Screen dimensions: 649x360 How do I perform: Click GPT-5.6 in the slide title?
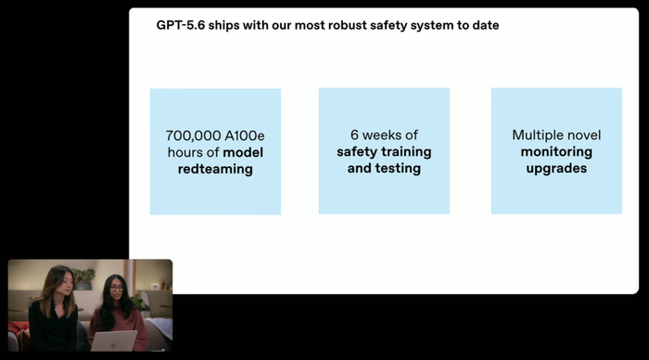pos(181,25)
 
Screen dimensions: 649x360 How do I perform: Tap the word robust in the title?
pos(348,25)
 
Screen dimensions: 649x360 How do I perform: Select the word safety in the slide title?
pos(388,26)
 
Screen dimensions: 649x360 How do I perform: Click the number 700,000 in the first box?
pos(187,135)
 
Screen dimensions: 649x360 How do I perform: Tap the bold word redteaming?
pos(215,169)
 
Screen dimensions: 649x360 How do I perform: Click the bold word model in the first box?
pos(243,152)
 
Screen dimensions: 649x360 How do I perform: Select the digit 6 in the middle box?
pos(354,135)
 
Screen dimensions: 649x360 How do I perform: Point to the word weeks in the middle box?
pos(382,135)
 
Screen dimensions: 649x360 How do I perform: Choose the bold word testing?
pos(398,168)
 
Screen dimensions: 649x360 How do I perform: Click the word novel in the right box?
pos(584,135)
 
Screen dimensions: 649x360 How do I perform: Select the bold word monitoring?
pos(556,152)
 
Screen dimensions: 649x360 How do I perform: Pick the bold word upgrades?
pos(556,169)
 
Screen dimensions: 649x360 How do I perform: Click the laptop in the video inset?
pos(114,341)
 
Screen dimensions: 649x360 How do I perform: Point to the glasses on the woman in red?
pos(117,288)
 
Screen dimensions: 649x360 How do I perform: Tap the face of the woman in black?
pos(67,283)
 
